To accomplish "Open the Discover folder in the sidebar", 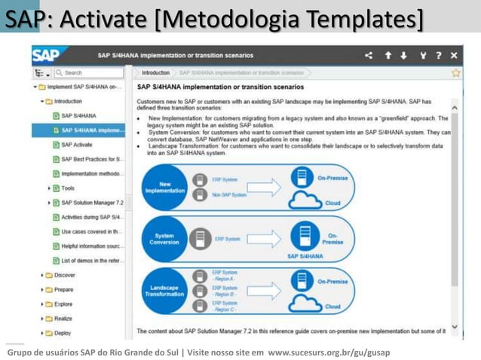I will coord(64,275).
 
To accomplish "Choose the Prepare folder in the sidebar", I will coord(63,289).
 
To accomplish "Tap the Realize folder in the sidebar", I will coord(63,319).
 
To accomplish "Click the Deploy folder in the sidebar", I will coord(63,333).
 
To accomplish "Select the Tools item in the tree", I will coord(68,188).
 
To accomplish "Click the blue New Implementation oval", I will coord(166,187).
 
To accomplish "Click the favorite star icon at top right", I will coord(455,73).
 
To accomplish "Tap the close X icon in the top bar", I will coord(453,56).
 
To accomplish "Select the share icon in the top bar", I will coord(369,56).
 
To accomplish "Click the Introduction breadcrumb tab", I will coord(155,73).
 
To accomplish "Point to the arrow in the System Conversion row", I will coord(263,239).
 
